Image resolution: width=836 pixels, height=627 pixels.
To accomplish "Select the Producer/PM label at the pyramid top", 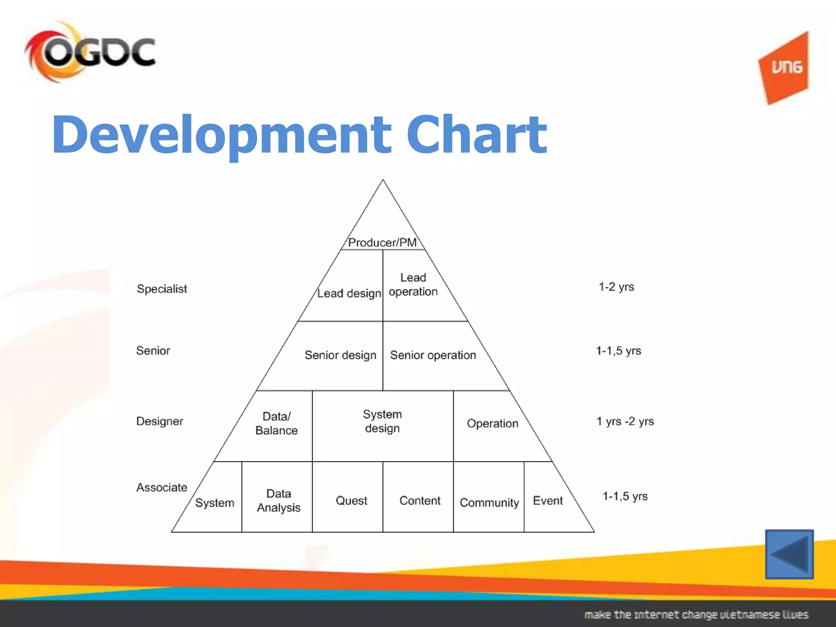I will (382, 242).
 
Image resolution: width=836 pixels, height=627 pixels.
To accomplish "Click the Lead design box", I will (349, 293).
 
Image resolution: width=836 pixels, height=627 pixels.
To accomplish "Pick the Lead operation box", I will (413, 285).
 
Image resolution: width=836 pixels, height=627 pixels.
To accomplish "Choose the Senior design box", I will (340, 355).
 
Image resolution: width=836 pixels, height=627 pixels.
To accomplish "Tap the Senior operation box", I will (433, 355).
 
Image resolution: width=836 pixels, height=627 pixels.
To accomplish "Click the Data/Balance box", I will (276, 423).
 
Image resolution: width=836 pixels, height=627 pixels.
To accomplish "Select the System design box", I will (382, 421).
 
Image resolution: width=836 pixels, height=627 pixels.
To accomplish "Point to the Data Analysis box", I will (278, 500).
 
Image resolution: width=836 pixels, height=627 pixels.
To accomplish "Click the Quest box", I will (351, 500).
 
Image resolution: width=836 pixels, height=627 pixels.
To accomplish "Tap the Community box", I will (489, 502).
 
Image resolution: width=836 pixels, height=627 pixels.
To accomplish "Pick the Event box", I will (548, 500).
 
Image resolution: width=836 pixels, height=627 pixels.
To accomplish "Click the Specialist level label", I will (162, 289).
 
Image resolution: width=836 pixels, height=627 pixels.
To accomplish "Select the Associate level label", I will (162, 487).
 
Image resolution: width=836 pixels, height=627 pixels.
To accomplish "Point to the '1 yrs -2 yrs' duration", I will (625, 421).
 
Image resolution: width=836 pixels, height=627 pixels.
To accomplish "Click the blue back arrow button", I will (789, 554).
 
